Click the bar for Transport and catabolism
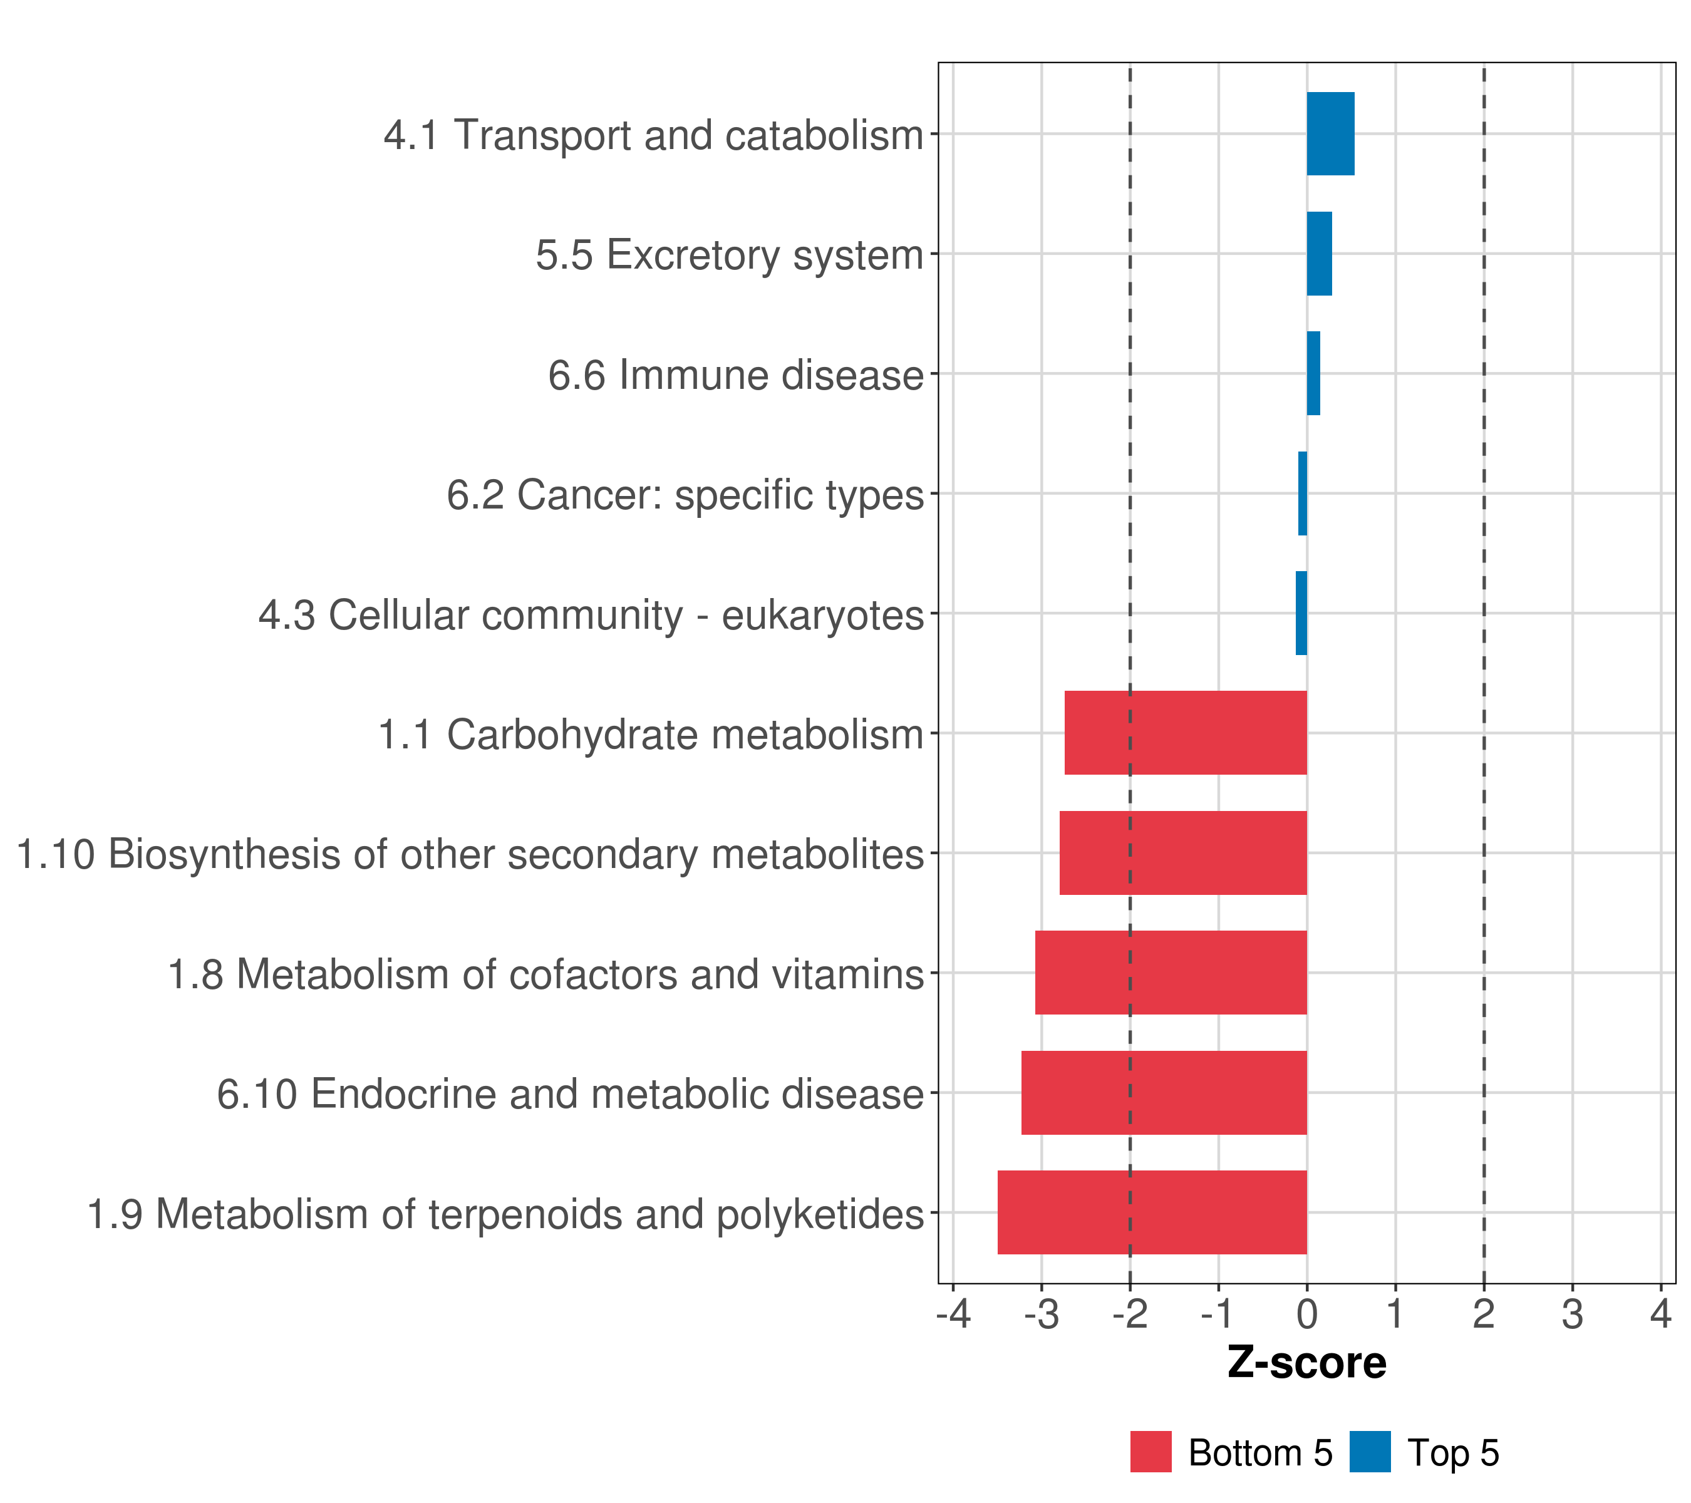tap(1330, 134)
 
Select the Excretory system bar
tap(1319, 254)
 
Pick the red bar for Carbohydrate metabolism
tap(1185, 733)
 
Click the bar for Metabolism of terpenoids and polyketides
tap(1152, 1212)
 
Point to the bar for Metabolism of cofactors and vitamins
tap(1171, 973)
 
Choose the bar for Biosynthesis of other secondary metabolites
tap(1183, 853)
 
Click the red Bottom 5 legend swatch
tap(1151, 1452)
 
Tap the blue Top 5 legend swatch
tap(1370, 1452)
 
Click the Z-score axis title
tap(1306, 1362)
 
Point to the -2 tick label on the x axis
tap(1129, 1314)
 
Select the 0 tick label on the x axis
tap(1307, 1314)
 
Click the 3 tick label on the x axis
tap(1572, 1314)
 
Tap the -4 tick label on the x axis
tap(953, 1314)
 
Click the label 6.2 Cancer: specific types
tap(685, 495)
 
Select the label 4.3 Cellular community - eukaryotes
tap(591, 614)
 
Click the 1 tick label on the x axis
tap(1395, 1314)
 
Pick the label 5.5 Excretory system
tap(729, 255)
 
